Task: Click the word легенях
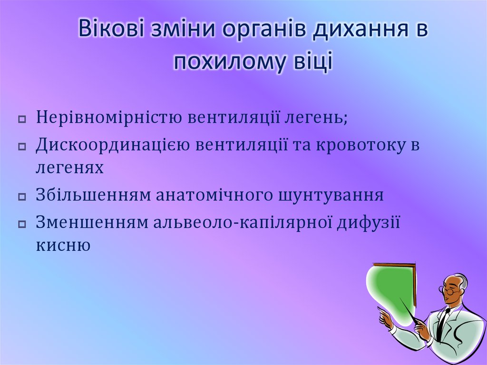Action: (69, 167)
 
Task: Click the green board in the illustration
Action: (390, 290)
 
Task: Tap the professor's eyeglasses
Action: (449, 289)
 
